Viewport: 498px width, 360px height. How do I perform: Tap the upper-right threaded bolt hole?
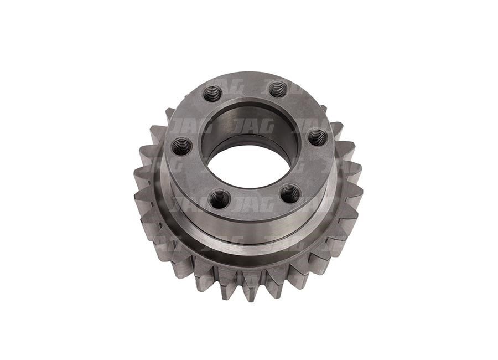(278, 89)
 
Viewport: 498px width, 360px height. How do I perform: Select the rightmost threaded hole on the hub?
(318, 137)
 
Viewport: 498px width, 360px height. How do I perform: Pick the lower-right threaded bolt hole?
(290, 193)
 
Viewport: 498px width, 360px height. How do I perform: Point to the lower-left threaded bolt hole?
(219, 198)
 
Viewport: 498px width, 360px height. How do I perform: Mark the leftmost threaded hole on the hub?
(181, 146)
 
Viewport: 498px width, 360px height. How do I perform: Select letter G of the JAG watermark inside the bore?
(266, 126)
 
